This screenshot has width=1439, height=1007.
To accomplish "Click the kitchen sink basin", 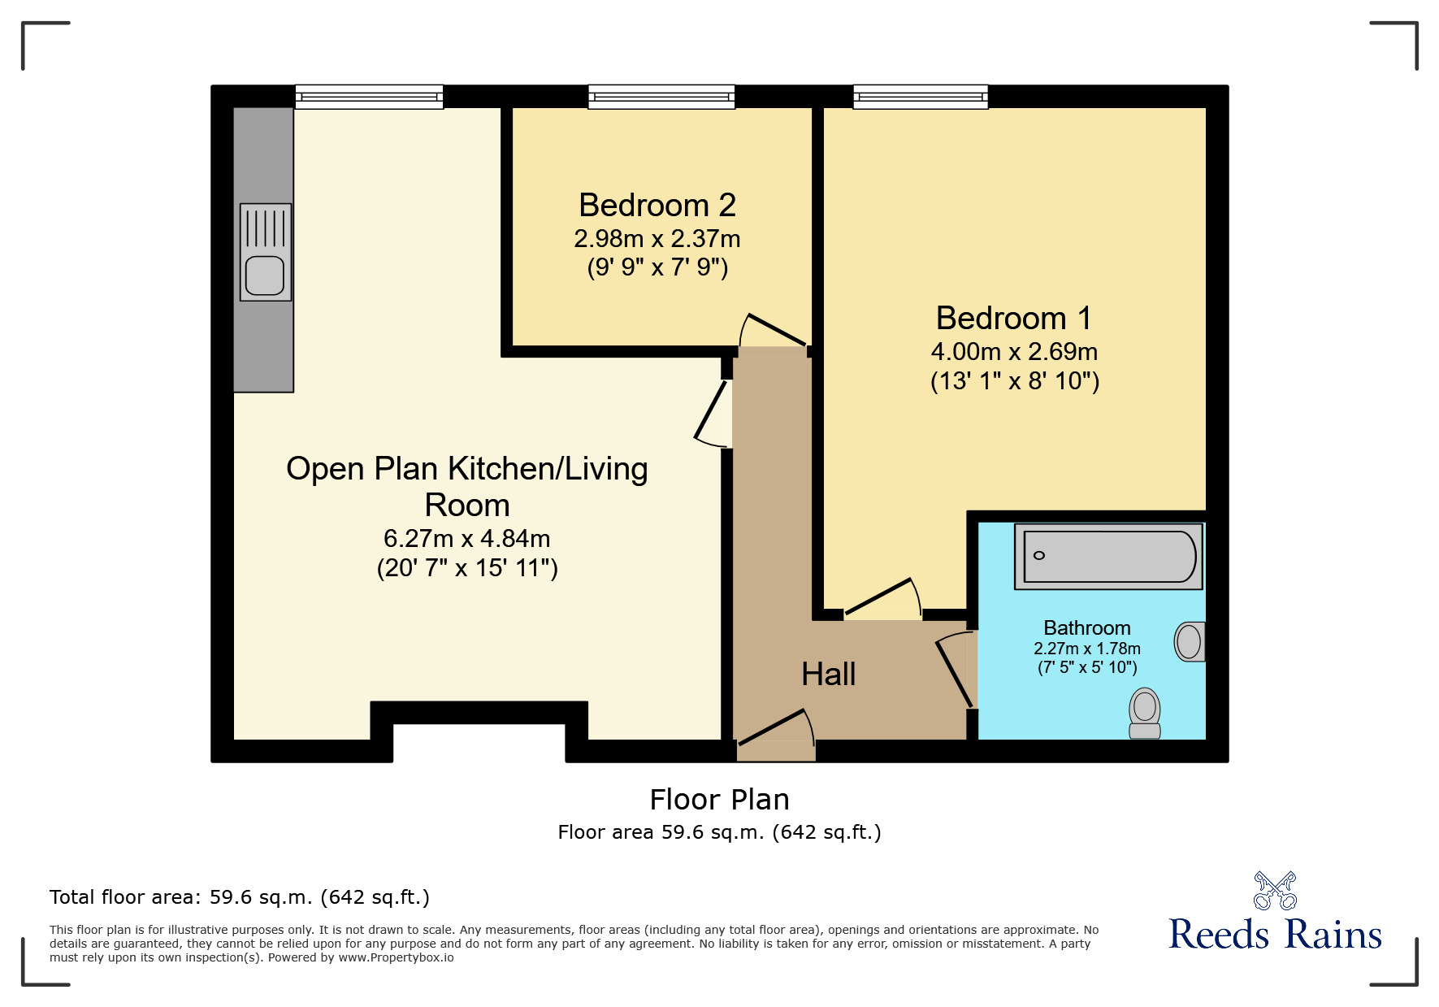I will click(264, 275).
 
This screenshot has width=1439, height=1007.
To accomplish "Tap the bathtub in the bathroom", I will click(1109, 556).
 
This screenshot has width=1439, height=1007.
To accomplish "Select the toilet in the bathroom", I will click(1145, 713).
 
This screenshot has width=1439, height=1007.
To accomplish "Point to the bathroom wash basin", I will click(1190, 642).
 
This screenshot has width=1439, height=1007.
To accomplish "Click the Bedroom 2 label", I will click(657, 206).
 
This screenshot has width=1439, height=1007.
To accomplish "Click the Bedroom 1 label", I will click(1013, 318).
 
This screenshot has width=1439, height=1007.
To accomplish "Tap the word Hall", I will click(828, 675).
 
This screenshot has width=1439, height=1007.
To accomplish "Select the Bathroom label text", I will click(1086, 628).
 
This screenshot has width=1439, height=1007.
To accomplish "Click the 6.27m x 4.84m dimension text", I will click(466, 539).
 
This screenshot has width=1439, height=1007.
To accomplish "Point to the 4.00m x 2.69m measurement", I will click(1013, 352).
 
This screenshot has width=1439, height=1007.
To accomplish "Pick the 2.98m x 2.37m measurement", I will click(657, 239).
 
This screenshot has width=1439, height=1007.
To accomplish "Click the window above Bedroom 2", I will click(661, 97).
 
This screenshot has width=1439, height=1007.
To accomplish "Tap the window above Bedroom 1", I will click(920, 97).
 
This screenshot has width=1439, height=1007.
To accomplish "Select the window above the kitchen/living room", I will click(369, 97).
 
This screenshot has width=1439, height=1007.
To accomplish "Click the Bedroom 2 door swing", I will click(773, 332).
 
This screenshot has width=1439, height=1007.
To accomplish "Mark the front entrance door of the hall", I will click(775, 729).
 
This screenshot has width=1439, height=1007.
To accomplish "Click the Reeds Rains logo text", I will click(1274, 935).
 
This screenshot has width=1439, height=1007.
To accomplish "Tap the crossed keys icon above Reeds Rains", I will click(1274, 891).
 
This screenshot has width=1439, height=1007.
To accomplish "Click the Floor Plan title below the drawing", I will click(719, 800).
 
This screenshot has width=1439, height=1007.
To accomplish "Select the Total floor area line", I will click(239, 897).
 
